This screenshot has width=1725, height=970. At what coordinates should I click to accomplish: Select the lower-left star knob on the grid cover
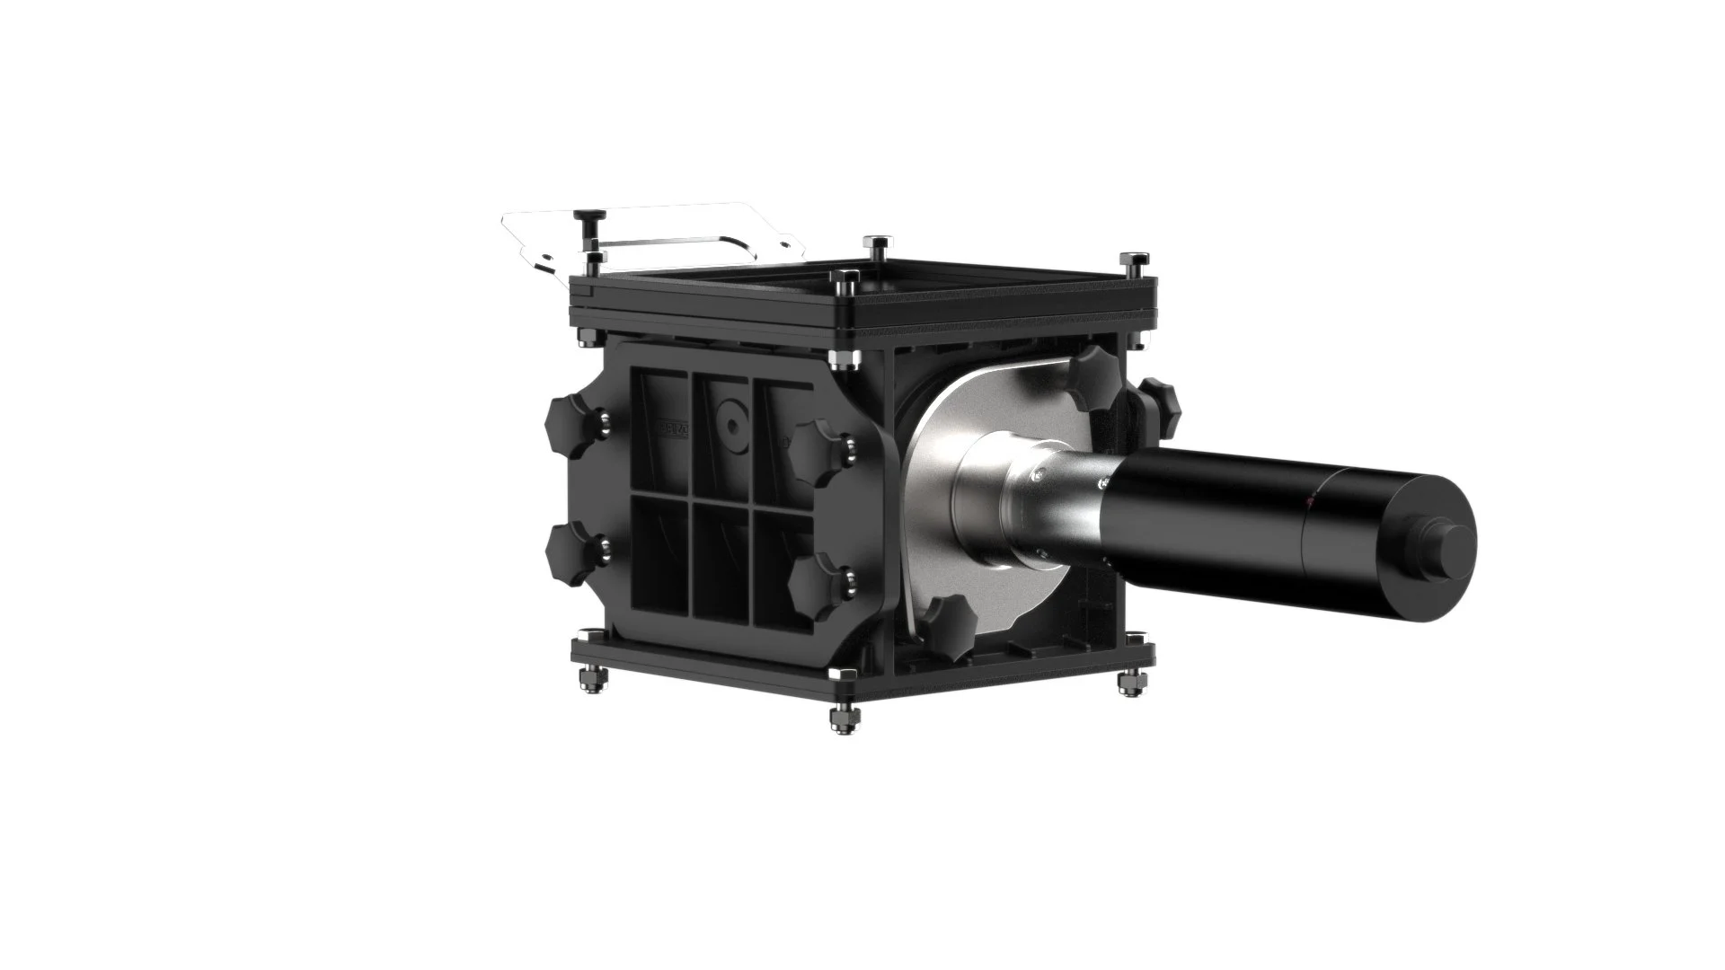(x=569, y=553)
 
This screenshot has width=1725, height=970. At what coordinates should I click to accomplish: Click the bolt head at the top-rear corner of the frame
(x=875, y=245)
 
